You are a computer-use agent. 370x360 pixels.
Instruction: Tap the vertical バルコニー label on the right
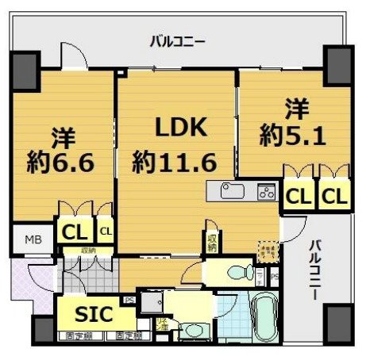315,270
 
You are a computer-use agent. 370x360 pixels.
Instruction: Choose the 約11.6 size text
175,163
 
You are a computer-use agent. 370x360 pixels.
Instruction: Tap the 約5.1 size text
291,136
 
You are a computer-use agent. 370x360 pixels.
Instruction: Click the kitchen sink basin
233,192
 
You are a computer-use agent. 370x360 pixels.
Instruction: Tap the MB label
33,239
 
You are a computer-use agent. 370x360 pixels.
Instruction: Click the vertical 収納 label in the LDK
213,241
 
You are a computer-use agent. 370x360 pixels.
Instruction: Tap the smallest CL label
105,232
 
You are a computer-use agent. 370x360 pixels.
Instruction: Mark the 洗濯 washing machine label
161,324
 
